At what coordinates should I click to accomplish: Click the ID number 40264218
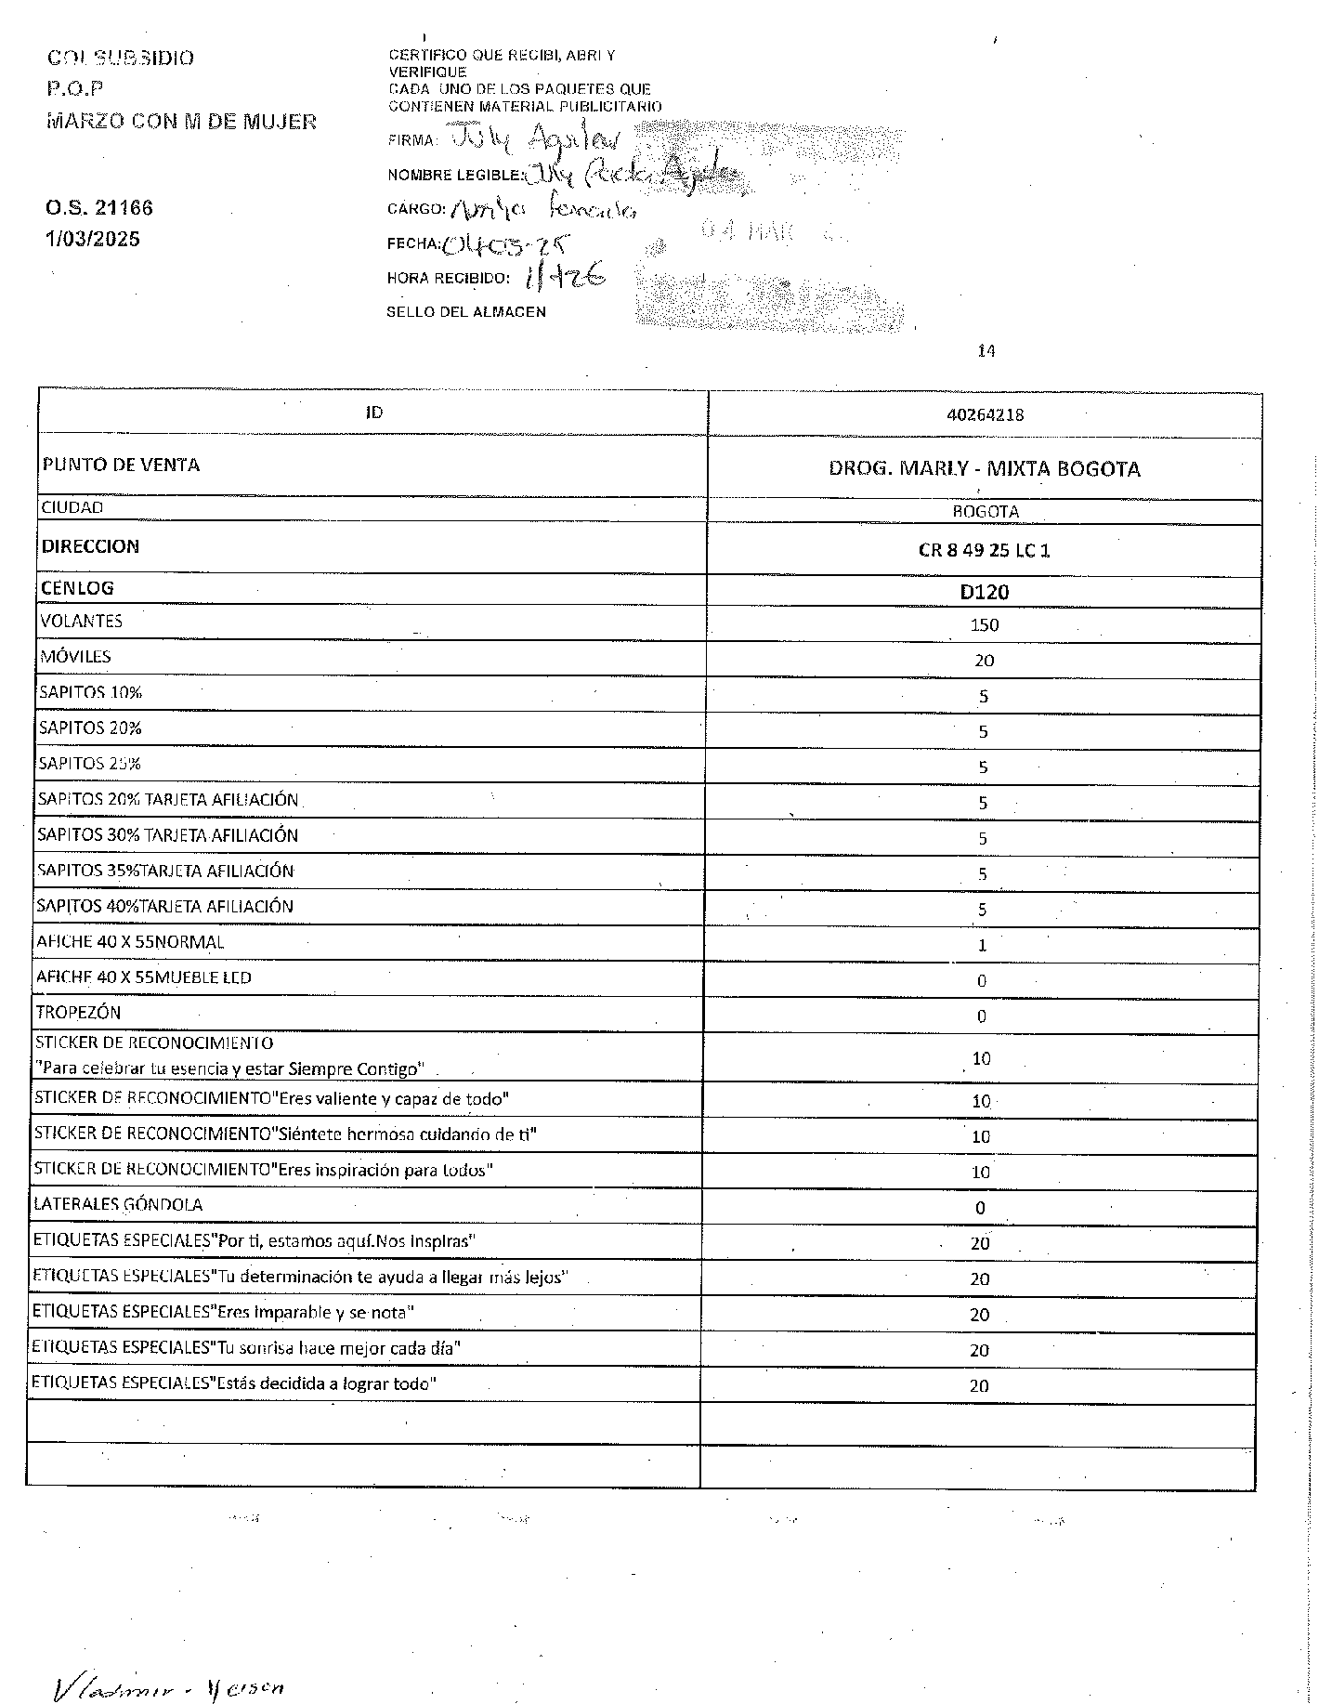tap(985, 414)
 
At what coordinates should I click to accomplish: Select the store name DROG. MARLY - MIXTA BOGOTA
tap(984, 468)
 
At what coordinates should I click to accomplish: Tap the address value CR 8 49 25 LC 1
tap(984, 550)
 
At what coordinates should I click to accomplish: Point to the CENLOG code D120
tap(984, 592)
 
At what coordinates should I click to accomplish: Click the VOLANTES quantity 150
tap(984, 625)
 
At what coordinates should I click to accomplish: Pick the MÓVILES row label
tap(75, 657)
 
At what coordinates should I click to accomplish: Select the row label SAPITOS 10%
tap(90, 692)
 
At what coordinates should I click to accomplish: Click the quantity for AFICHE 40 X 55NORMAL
tap(982, 946)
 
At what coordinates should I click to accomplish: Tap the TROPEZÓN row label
tap(78, 1013)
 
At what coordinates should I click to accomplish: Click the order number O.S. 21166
tap(99, 208)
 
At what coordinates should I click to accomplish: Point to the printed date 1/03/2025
tap(93, 240)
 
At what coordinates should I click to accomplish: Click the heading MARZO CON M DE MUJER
tap(181, 122)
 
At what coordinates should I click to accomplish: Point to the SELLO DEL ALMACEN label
tap(465, 312)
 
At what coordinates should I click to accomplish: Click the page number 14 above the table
tap(986, 351)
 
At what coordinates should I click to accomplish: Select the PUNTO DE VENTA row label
tap(120, 465)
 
